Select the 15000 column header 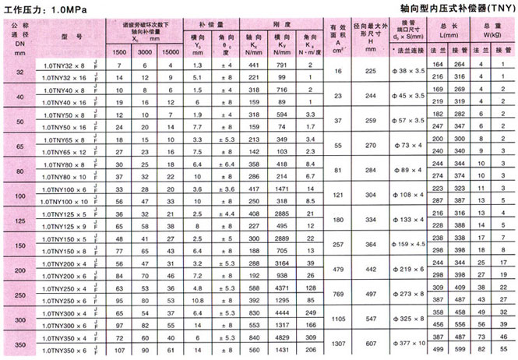click(172, 51)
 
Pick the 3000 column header click(146, 51)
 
